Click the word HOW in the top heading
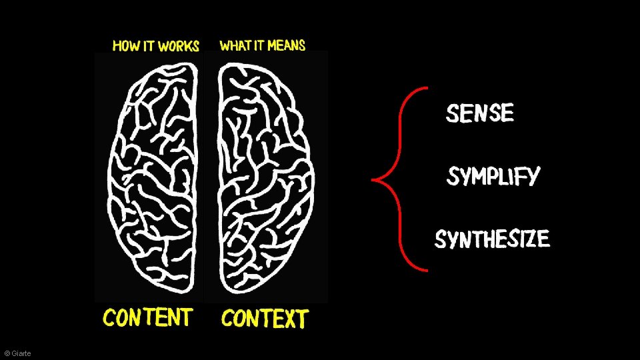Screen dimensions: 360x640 click(125, 46)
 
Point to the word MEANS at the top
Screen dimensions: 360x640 click(287, 45)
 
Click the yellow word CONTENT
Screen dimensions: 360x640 click(148, 317)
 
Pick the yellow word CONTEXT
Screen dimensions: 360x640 click(265, 319)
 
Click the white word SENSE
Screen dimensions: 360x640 click(480, 113)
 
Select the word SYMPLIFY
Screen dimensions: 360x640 click(493, 177)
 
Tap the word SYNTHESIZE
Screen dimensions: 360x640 click(492, 239)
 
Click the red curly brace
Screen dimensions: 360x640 click(400, 178)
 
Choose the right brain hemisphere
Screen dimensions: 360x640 click(265, 180)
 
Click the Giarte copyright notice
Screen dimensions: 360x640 click(17, 353)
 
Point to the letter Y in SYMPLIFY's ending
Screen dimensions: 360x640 click(531, 177)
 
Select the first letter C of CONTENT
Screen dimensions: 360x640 click(110, 318)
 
